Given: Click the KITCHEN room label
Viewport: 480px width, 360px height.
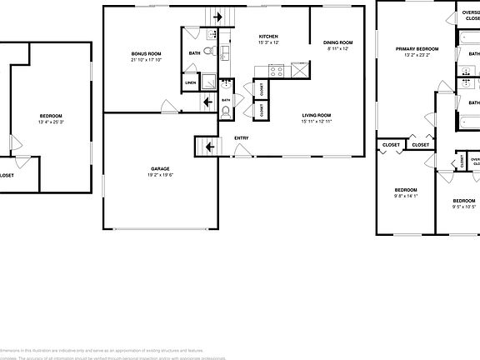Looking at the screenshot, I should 268,37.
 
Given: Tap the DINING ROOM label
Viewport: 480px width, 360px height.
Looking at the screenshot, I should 338,42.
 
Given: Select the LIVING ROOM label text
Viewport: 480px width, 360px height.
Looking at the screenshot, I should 317,115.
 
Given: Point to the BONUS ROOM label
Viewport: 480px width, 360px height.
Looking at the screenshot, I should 146,53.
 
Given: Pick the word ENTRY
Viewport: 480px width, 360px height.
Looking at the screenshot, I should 241,138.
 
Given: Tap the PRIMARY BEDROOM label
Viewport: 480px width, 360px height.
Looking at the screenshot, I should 417,49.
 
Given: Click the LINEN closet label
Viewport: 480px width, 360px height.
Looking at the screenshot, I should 191,83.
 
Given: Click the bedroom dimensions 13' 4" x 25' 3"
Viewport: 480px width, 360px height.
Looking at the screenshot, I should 51,122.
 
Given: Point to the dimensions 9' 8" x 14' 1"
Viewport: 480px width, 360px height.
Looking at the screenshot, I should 406,196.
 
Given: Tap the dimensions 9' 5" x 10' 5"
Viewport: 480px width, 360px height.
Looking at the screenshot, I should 464,207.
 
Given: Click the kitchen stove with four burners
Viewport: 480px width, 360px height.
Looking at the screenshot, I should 276,72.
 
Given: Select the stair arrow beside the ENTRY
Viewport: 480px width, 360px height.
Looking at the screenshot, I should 207,147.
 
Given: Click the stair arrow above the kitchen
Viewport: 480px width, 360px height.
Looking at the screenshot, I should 220,17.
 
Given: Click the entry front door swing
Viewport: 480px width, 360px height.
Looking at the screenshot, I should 242,151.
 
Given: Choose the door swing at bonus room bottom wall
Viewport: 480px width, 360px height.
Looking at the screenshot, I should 170,107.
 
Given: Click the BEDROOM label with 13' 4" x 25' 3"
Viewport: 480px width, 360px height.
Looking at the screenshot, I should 51,115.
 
